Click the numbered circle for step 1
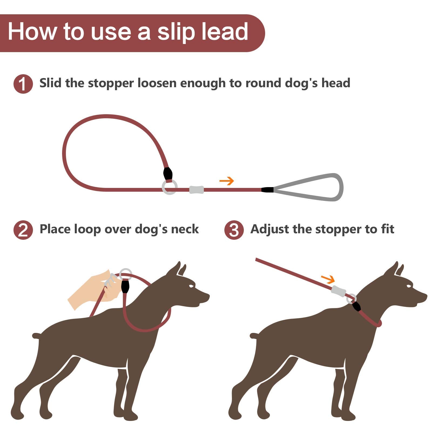point(23,84)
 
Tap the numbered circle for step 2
point(23,230)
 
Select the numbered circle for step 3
point(234,230)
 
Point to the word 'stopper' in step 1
point(111,83)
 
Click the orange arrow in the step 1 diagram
point(227,181)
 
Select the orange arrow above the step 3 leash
point(328,279)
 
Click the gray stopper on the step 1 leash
point(196,190)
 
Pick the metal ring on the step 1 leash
point(170,187)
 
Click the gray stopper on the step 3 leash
point(339,291)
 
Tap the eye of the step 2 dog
point(191,286)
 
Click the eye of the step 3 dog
point(409,286)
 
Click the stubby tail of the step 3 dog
point(254,336)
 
